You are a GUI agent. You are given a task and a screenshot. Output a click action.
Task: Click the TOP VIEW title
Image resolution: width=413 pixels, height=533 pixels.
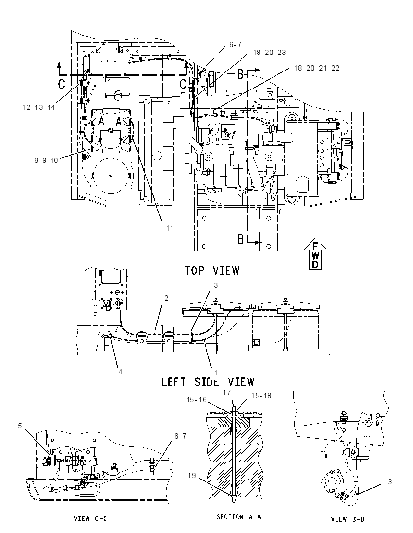212,270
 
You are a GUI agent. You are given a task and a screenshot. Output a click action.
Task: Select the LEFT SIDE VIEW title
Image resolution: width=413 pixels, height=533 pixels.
207,382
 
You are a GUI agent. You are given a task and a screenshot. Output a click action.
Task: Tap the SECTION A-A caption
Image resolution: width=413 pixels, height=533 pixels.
239,516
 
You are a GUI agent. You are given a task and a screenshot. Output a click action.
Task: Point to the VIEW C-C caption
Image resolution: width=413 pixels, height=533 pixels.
91,519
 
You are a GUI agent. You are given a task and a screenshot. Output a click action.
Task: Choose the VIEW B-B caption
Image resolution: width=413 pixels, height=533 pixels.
348,519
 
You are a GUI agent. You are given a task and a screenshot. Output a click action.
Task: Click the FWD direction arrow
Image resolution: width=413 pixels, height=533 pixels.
315,254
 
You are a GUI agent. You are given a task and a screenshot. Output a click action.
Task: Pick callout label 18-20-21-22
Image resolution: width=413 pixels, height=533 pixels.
316,68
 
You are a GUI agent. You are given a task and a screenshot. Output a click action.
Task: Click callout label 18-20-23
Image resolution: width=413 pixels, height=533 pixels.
269,53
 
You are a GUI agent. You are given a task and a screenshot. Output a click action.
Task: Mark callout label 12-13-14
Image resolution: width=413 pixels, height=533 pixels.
38,107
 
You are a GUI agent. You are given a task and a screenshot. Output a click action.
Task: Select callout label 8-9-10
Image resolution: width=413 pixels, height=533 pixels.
46,160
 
